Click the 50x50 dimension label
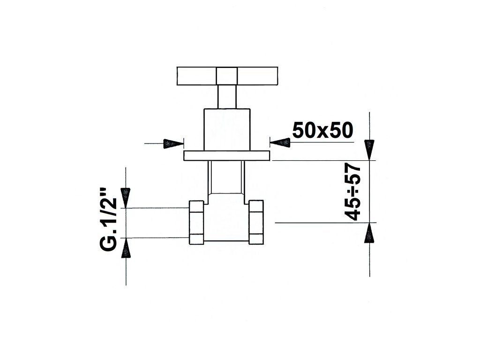click(x=322, y=130)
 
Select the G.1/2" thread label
click(x=109, y=219)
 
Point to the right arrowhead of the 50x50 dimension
click(x=280, y=142)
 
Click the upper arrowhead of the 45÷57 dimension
click(x=369, y=150)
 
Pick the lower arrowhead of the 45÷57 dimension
click(x=369, y=233)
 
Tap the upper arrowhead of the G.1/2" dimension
click(x=126, y=198)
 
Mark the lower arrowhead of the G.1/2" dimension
click(x=126, y=247)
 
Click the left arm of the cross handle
click(x=197, y=76)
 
